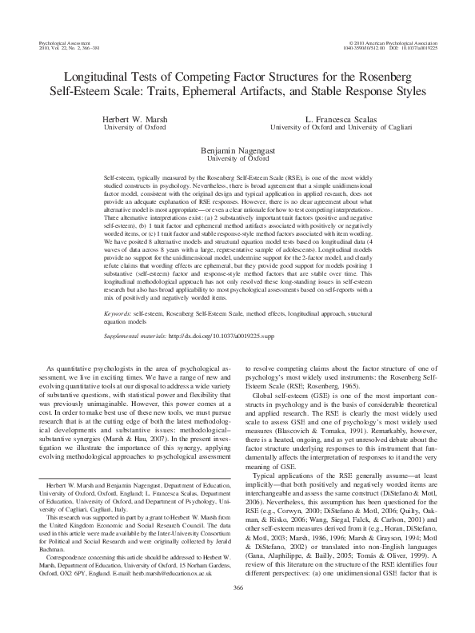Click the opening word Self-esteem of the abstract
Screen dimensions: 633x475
pyautogui.click(x=122, y=173)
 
